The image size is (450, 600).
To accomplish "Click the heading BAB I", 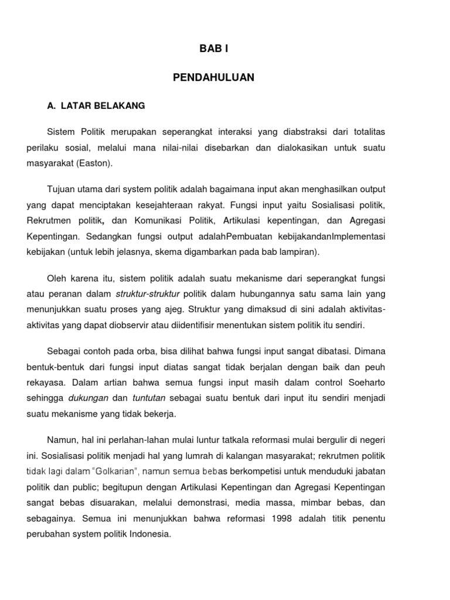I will pyautogui.click(x=213, y=50).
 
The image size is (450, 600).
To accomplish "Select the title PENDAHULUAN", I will pyautogui.click(x=213, y=77).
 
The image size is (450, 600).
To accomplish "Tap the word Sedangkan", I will pyautogui.click(x=110, y=237).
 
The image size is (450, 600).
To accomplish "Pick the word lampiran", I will pyautogui.click(x=298, y=252).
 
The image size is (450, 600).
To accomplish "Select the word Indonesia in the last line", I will pyautogui.click(x=150, y=534).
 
